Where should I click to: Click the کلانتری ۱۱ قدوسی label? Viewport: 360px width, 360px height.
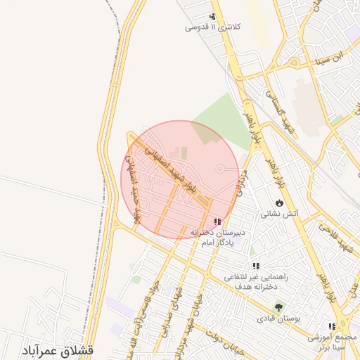point(212,27)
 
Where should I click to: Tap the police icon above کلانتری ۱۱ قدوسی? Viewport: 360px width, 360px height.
point(212,16)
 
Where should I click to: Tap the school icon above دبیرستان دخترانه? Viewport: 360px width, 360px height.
point(226,221)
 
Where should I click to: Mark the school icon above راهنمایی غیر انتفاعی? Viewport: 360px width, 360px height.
point(256,266)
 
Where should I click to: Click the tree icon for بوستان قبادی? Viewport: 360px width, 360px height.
point(279,307)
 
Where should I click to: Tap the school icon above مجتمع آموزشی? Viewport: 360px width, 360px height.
point(331,327)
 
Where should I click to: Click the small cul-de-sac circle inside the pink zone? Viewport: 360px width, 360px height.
point(220,169)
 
